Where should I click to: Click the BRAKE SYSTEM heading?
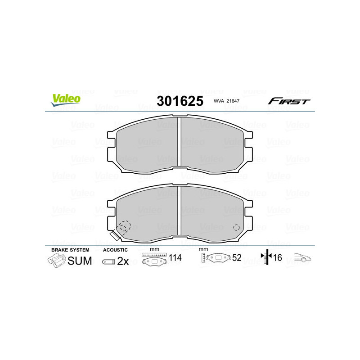click(x=70, y=250)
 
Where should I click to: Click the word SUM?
click(x=80, y=261)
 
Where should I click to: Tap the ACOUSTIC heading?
click(x=115, y=250)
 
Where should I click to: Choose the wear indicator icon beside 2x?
click(x=108, y=261)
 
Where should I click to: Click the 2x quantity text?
click(x=123, y=261)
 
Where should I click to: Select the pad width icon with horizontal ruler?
click(x=153, y=259)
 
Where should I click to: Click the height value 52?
click(x=236, y=259)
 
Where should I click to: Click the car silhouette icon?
click(x=303, y=258)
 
